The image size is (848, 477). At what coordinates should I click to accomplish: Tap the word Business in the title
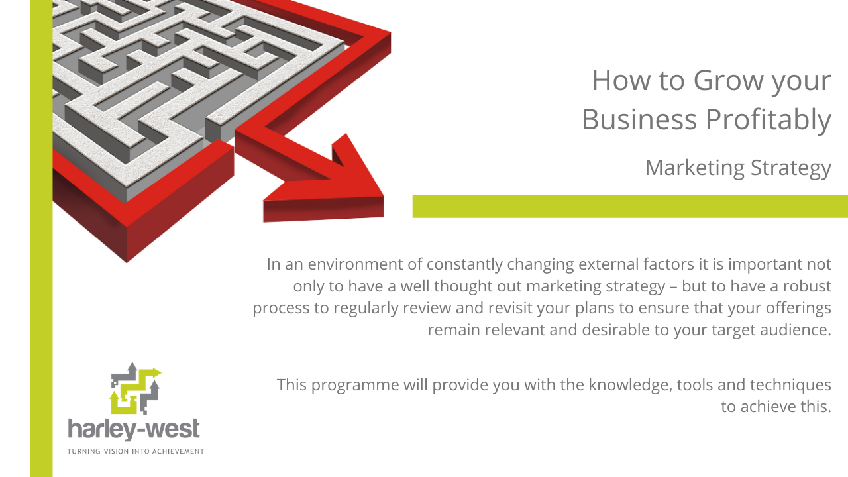coord(639,120)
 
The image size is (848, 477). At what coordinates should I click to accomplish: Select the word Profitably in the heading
coord(768,121)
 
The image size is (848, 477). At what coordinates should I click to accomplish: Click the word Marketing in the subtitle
coord(695,168)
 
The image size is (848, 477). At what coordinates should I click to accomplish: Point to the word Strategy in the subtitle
coord(791,168)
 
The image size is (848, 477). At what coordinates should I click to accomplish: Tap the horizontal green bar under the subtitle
coord(630,206)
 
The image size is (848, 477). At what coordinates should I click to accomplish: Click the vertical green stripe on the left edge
coord(41,238)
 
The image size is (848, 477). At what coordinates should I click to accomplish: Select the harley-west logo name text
coord(134,429)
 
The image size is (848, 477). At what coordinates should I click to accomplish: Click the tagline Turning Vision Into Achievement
coord(136,451)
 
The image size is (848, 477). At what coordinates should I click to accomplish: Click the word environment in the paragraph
coord(355,264)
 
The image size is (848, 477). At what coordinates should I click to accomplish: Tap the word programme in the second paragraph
coord(355,386)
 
